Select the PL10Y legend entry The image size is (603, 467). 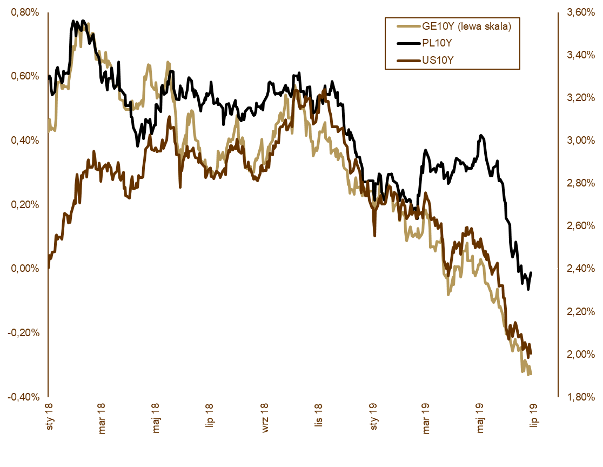437,43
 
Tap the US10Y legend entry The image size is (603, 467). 437,60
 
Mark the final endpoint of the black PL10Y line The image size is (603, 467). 531,273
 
